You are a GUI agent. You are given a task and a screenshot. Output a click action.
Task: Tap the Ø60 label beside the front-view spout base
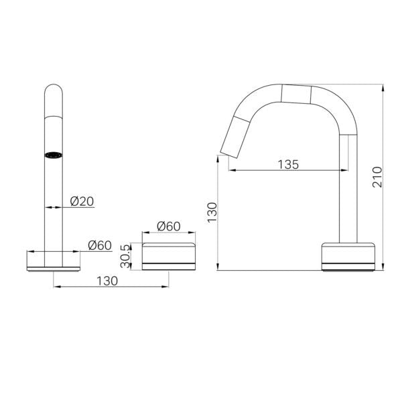coord(99,245)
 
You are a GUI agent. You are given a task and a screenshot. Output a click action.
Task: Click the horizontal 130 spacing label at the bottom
coord(107,281)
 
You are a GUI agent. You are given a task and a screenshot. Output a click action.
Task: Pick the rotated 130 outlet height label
coord(212,212)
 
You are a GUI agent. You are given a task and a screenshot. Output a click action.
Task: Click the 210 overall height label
coord(377,177)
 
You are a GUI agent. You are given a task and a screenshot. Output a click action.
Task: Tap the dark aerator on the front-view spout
coord(54,155)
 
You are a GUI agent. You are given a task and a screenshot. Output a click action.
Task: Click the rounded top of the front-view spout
coord(54,90)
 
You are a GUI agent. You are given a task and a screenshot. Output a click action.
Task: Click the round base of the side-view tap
coord(348,256)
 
